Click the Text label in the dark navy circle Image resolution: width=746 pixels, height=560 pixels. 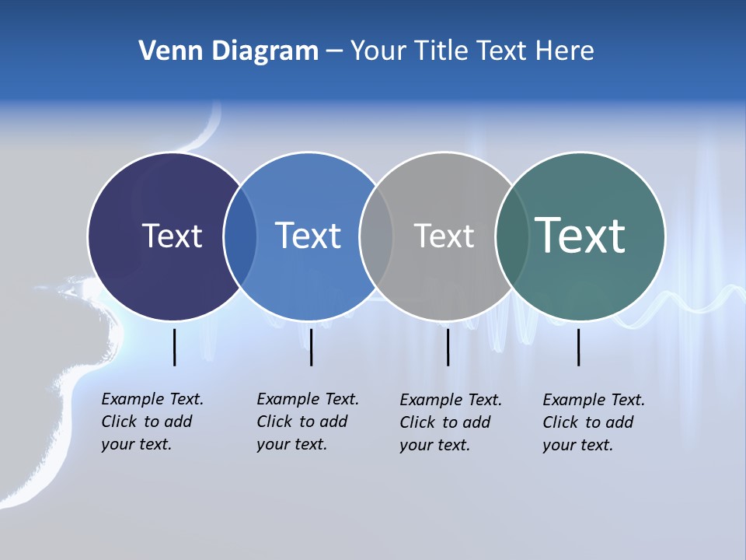point(172,236)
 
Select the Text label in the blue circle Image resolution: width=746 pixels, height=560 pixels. point(308,236)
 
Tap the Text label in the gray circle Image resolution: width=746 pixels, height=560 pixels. point(444,236)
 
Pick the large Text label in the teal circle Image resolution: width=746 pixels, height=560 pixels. point(580,235)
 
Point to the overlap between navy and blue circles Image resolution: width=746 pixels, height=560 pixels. point(240,236)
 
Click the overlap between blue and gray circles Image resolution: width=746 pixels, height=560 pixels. point(376,236)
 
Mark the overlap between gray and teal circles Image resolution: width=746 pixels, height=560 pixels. point(511,236)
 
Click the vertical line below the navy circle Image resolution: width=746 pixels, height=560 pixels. point(174,347)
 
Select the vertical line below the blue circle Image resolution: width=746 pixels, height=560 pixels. point(311,347)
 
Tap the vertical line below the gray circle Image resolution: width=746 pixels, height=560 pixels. point(448,347)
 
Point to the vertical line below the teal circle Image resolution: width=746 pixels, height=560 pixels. point(578,347)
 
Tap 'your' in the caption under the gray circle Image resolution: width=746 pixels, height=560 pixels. point(417,445)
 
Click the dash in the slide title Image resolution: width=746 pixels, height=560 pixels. point(334,52)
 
